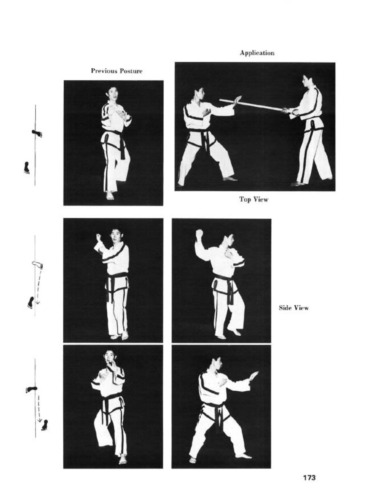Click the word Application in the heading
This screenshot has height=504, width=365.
pos(257,53)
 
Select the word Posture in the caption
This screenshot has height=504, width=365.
pos(131,71)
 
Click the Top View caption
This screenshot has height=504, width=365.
pos(254,199)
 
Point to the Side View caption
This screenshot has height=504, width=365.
pos(294,308)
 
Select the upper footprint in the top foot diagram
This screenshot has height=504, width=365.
pos(37,133)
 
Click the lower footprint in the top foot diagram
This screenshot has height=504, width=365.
pos(27,168)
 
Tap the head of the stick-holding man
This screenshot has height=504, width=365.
pos(307,81)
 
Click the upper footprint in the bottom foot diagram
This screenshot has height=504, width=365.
pos(32,389)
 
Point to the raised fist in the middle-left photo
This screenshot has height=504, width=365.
pos(99,237)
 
